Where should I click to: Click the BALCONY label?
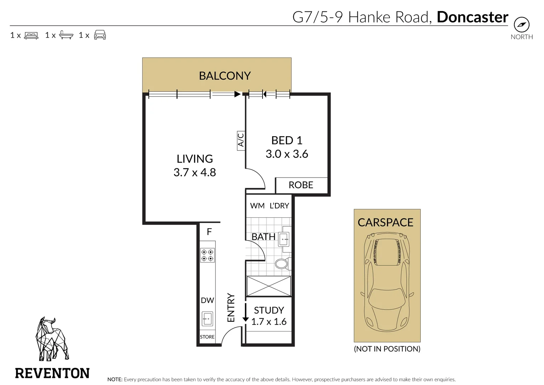coord(225,76)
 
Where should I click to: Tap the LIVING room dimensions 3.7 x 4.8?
coord(195,173)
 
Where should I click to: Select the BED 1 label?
coord(287,140)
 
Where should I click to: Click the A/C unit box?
coord(241,140)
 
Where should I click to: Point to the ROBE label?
coord(301,185)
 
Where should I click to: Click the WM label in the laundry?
coord(257,206)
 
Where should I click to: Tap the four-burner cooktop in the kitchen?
coord(207,255)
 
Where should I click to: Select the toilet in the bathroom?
coord(282,264)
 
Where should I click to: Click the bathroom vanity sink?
coord(284,239)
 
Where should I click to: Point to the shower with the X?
coord(269,286)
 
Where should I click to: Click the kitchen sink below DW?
coord(207,318)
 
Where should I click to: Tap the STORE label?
coord(207,337)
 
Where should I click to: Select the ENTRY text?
coord(231,308)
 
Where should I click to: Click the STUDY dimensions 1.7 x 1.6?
coord(269,322)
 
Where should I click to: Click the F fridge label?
coord(209,232)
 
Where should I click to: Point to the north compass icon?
coord(522,25)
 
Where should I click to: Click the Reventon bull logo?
coord(52,339)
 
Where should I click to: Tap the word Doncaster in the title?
coord(472,17)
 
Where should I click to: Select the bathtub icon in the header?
coord(66,35)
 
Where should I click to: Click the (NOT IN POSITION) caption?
coord(387,349)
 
